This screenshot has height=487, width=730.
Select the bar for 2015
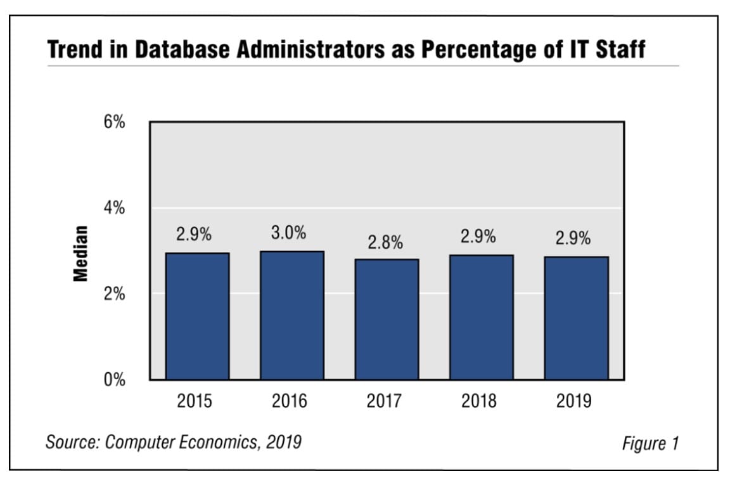(x=197, y=316)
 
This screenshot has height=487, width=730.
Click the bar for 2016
(x=291, y=315)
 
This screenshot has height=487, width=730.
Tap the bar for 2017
(x=387, y=319)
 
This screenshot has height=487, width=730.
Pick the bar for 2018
(x=481, y=317)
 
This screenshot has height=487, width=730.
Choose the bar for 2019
(x=576, y=318)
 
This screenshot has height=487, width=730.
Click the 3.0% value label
(x=288, y=233)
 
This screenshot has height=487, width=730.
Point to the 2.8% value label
(x=385, y=242)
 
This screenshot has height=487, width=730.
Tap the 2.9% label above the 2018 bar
(x=478, y=237)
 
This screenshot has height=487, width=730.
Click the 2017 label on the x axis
(x=385, y=401)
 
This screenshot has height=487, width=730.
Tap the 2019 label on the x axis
(x=573, y=401)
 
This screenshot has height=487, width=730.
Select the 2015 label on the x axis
(x=195, y=401)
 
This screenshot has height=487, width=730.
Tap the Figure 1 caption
(x=650, y=443)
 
